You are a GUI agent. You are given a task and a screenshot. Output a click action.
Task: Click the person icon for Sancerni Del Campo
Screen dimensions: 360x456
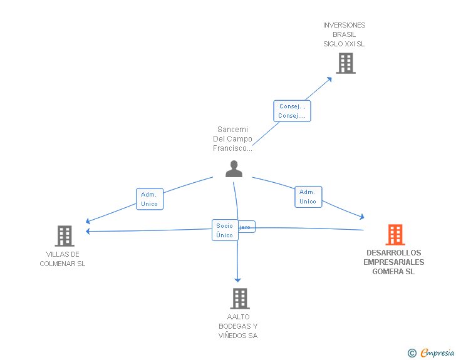(234, 169)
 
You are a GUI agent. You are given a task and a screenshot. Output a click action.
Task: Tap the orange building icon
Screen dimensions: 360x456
(395, 235)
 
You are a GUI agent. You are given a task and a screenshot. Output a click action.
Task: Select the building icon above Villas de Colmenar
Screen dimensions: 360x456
(65, 236)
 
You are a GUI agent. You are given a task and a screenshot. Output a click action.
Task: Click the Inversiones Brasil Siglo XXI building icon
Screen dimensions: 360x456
(345, 63)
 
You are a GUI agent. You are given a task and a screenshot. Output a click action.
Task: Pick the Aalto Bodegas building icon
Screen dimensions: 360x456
(240, 299)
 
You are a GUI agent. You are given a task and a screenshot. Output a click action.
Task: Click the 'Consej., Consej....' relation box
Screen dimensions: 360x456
(292, 111)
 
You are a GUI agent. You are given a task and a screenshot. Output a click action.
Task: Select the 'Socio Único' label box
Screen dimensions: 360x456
(224, 230)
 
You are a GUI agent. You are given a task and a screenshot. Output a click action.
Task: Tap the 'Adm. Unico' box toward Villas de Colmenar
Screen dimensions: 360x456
(150, 199)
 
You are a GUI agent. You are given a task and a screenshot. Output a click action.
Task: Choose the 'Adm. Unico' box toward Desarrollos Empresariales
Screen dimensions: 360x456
(308, 197)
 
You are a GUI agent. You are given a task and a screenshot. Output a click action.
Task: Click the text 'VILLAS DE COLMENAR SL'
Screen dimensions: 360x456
(63, 259)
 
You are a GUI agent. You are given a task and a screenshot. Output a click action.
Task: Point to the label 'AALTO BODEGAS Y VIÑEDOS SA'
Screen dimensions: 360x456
(238, 326)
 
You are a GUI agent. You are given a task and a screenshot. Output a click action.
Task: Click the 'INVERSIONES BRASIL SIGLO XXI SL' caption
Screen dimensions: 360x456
(344, 34)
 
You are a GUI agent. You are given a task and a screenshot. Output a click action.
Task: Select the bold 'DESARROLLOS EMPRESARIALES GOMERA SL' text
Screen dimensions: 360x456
(393, 262)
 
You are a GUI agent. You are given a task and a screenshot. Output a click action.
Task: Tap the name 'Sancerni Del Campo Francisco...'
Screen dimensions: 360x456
(232, 139)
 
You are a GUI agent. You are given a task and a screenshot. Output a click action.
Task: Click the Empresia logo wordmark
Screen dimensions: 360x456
(437, 353)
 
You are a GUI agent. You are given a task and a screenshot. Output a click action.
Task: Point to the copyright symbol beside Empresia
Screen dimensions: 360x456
(412, 354)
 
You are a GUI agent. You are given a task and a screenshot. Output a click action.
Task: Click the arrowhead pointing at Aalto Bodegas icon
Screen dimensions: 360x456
(237, 280)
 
